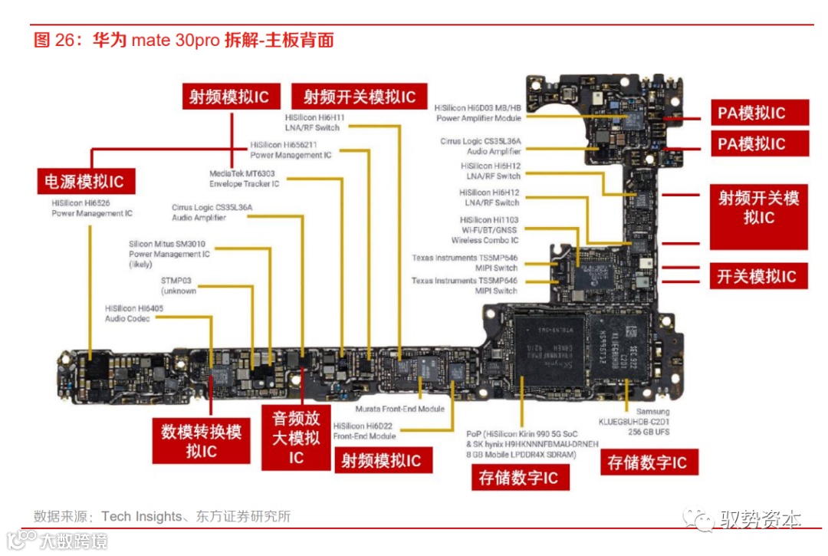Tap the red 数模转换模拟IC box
tap(201, 442)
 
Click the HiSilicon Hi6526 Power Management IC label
tap(92, 208)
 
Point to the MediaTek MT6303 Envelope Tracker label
tap(244, 179)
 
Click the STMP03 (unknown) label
tap(179, 286)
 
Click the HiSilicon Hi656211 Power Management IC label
tap(291, 150)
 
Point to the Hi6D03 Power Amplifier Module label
tap(478, 114)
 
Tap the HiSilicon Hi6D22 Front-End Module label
tap(364, 431)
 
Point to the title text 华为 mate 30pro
tap(153, 41)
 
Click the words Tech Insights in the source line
tap(141, 517)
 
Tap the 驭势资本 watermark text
tap(760, 520)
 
